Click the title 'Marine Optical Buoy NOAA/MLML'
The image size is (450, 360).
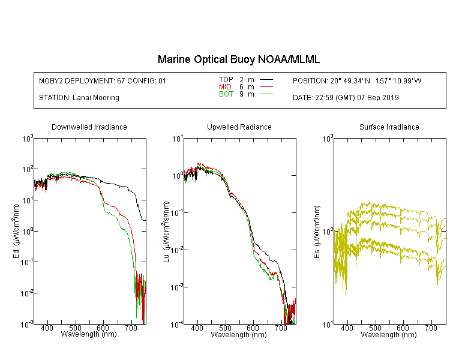click(x=238, y=59)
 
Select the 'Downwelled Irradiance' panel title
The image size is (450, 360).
click(x=89, y=127)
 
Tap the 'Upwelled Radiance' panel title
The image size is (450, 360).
click(x=239, y=127)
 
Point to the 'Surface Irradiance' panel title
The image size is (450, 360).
click(x=389, y=127)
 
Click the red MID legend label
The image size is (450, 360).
click(x=225, y=86)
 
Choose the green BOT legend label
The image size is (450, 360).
click(x=226, y=94)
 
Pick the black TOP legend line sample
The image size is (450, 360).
click(x=266, y=80)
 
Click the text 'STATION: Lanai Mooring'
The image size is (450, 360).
click(x=79, y=98)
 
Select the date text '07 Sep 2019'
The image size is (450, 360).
click(x=378, y=98)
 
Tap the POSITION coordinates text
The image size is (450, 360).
click(x=357, y=81)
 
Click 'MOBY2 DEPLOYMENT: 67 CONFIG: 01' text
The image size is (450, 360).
click(x=103, y=81)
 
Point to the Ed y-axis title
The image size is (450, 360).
click(x=16, y=231)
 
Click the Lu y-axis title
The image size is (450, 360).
click(x=166, y=232)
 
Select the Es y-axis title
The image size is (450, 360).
click(x=317, y=232)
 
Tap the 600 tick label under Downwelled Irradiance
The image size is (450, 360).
click(x=103, y=328)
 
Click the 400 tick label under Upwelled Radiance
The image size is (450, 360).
click(x=197, y=328)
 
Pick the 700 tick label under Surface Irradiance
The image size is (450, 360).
click(x=431, y=328)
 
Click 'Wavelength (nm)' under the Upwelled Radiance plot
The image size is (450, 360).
click(x=239, y=334)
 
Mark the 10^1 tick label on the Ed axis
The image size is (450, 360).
click(x=28, y=200)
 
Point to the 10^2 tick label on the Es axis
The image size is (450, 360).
click(x=328, y=231)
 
